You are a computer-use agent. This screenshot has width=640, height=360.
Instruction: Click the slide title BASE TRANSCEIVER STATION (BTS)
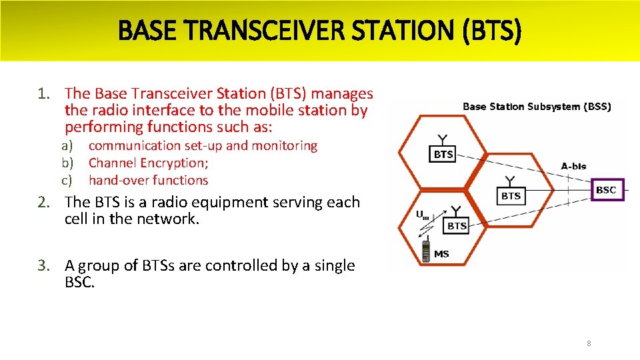click(320, 30)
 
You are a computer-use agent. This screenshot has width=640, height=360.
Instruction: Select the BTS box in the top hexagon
click(443, 155)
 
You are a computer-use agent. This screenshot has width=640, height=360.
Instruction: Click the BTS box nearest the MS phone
click(457, 226)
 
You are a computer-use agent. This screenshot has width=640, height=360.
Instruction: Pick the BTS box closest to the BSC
click(511, 195)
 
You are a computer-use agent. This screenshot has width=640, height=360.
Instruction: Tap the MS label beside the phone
click(441, 254)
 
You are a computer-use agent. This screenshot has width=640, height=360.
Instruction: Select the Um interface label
click(422, 215)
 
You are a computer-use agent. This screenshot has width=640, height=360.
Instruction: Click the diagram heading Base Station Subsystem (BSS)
click(536, 107)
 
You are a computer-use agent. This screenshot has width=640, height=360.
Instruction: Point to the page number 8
click(589, 343)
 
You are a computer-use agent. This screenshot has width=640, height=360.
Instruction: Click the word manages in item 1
click(342, 94)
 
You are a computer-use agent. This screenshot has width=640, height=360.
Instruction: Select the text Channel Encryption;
click(148, 163)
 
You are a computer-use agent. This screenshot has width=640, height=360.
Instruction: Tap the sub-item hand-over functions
click(148, 180)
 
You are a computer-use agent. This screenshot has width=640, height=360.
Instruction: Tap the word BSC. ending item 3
click(80, 282)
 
